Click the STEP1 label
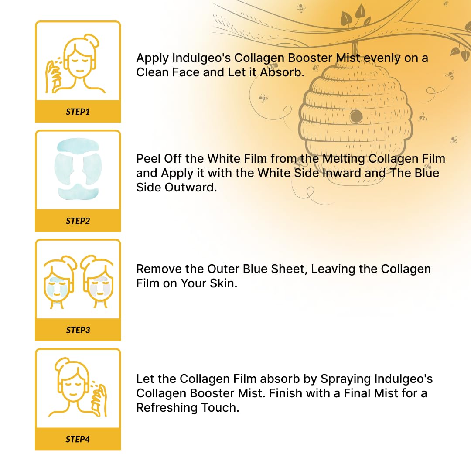pyautogui.click(x=78, y=112)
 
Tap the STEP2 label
pyautogui.click(x=78, y=221)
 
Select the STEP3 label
pyautogui.click(x=78, y=330)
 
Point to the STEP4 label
pyautogui.click(x=78, y=439)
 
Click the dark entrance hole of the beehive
pyautogui.click(x=356, y=116)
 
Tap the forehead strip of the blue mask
pyautogui.click(x=78, y=145)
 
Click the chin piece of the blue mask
pyautogui.click(x=78, y=191)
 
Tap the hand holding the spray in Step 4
pyautogui.click(x=99, y=399)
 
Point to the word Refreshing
pyautogui.click(x=167, y=408)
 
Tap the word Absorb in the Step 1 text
pyautogui.click(x=282, y=72)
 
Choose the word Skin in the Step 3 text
pyautogui.click(x=223, y=283)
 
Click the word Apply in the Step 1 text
pyautogui.click(x=152, y=58)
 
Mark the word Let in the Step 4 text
pyautogui.click(x=145, y=379)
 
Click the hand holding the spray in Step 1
pyautogui.click(x=54, y=77)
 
